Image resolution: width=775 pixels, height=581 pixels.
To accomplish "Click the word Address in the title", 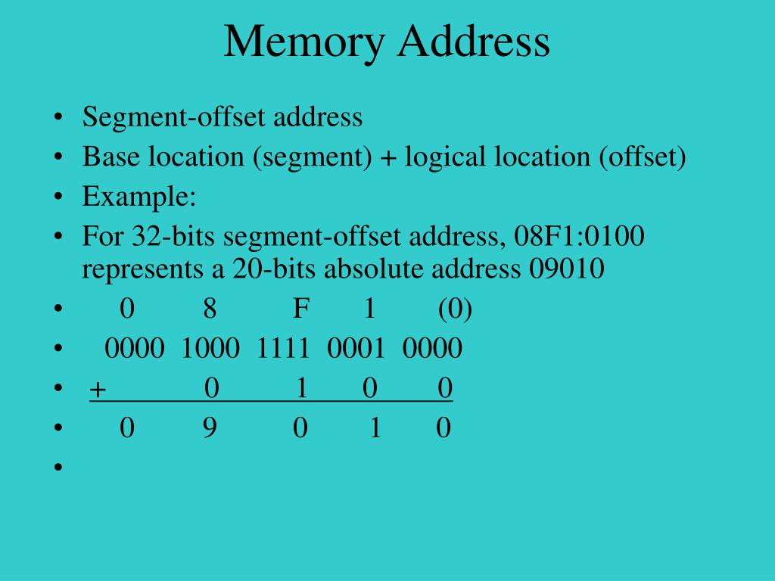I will pyautogui.click(x=472, y=42).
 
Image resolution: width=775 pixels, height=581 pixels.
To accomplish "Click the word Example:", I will pyautogui.click(x=139, y=197).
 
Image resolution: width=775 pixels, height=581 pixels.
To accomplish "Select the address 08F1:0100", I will pyautogui.click(x=579, y=238).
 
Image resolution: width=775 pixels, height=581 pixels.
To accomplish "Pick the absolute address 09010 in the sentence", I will pyautogui.click(x=567, y=269).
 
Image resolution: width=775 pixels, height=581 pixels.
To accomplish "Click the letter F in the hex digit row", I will pyautogui.click(x=301, y=309).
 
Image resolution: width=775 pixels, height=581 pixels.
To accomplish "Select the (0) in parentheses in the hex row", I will pyautogui.click(x=455, y=309).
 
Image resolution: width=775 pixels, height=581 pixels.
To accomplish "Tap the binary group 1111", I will pyautogui.click(x=283, y=349).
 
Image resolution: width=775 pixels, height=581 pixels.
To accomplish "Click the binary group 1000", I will pyautogui.click(x=210, y=349).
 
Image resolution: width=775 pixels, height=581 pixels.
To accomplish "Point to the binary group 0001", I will pyautogui.click(x=356, y=349).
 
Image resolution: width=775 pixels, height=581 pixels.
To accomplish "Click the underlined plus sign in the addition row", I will pyautogui.click(x=98, y=390).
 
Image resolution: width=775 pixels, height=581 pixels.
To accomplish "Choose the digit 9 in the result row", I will pyautogui.click(x=210, y=429).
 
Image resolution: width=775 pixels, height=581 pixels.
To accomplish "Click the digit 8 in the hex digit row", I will pyautogui.click(x=210, y=309).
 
